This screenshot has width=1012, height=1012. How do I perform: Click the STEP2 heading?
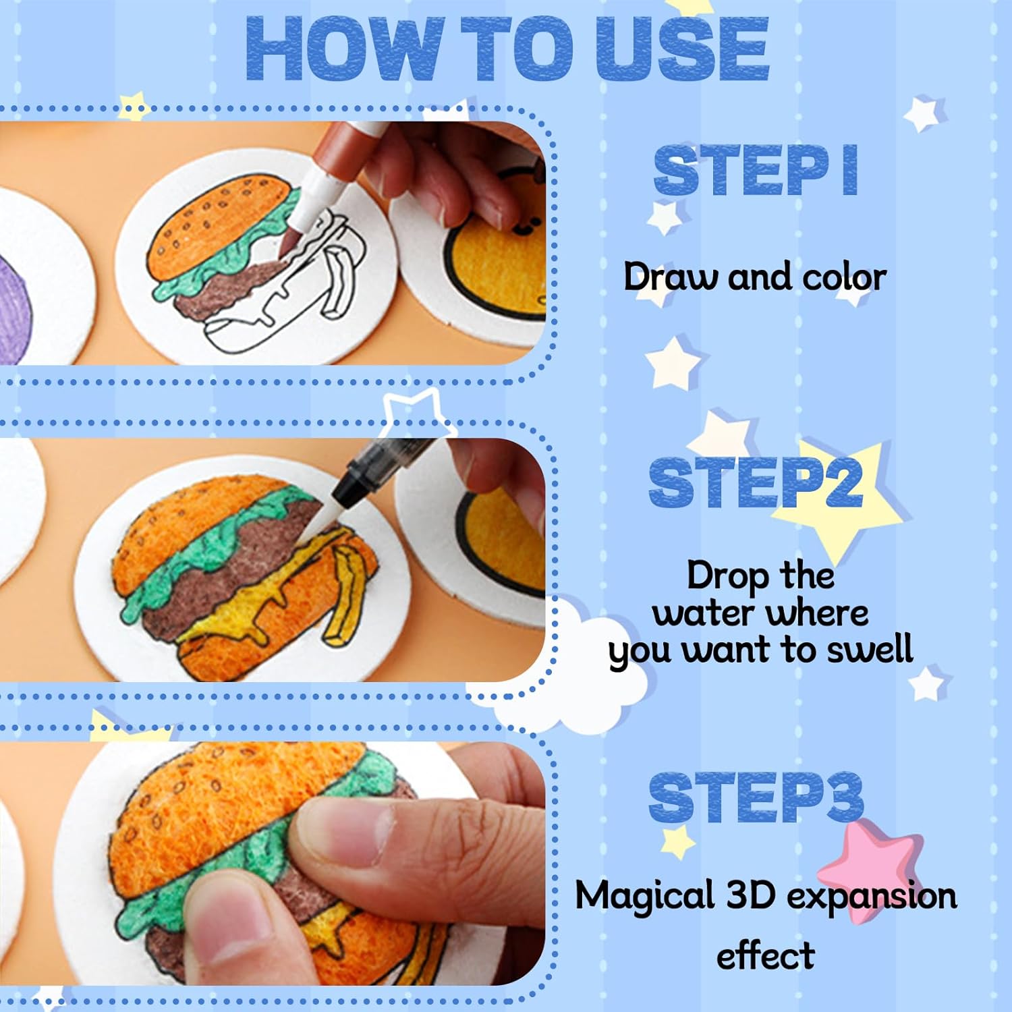point(755,483)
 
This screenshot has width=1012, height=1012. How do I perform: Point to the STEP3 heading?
point(756,797)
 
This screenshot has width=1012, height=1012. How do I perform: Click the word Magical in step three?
point(644,896)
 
